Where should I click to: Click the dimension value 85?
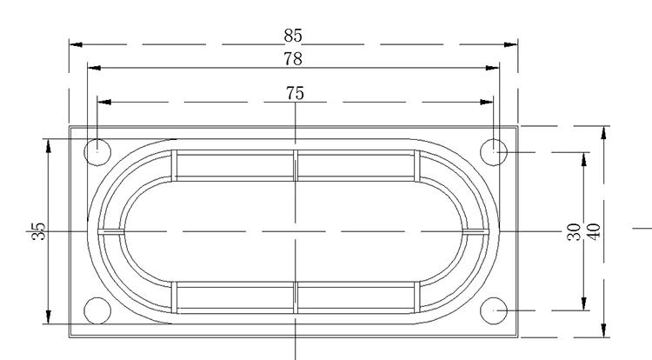[293, 36]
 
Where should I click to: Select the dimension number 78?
[293, 59]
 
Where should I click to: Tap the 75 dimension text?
[295, 93]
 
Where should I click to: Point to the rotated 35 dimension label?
[38, 231]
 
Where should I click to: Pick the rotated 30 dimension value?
[574, 232]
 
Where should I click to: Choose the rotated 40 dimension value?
[595, 232]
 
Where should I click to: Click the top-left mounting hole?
[97, 152]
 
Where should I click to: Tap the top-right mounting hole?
[494, 152]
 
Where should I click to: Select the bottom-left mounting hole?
[97, 310]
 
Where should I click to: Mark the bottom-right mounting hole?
[494, 310]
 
